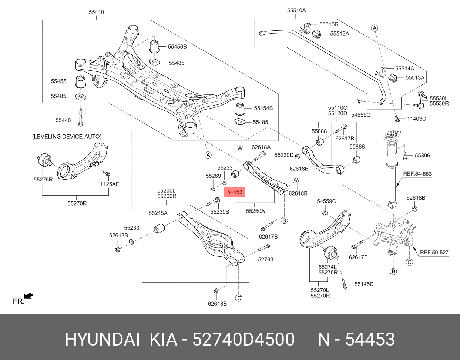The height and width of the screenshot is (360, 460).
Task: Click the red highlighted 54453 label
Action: coord(235,192)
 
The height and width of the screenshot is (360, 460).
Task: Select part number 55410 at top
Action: coord(96,12)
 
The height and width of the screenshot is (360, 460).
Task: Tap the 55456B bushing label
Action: coord(177,47)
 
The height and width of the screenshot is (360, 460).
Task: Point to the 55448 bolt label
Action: coord(63,120)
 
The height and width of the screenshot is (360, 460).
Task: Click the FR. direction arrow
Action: coord(28,296)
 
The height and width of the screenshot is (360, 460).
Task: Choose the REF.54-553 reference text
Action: coord(417,174)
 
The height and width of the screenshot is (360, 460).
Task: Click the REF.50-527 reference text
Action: coord(434,253)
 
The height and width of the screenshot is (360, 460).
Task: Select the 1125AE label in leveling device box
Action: coord(110,184)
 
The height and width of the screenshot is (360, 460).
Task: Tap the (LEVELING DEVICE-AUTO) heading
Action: coord(67,137)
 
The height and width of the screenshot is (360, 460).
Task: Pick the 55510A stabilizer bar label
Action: coord(296,10)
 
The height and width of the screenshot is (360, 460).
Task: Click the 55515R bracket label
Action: coord(329,24)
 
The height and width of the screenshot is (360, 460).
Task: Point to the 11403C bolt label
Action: coord(416,119)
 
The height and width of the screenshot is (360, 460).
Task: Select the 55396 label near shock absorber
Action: coord(422,156)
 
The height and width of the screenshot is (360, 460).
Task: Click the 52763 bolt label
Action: coord(265,260)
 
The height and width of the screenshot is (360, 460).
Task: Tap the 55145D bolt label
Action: coord(364,284)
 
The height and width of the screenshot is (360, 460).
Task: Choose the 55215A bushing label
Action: coord(158,213)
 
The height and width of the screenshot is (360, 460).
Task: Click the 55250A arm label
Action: coord(255,211)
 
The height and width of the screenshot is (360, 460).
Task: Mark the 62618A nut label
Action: coord(261,147)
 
